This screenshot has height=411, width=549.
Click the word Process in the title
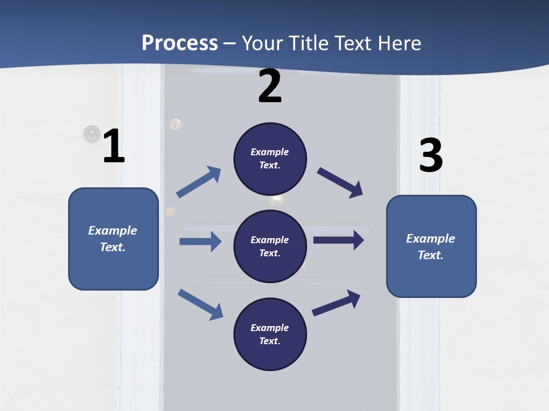click(180, 43)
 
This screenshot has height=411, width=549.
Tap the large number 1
click(114, 146)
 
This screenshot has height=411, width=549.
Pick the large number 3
click(431, 156)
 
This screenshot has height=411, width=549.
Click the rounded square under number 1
click(113, 239)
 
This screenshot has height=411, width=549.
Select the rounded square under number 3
click(431, 247)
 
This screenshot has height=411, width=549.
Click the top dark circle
click(270, 159)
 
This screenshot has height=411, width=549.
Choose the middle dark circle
click(270, 246)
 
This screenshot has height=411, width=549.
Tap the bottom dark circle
click(270, 334)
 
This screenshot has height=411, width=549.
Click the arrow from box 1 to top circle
click(199, 182)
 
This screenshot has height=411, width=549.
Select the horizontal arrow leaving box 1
click(200, 241)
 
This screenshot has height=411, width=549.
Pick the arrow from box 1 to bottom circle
click(200, 304)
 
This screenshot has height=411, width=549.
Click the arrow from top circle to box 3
click(340, 182)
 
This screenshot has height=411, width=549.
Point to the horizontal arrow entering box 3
click(339, 240)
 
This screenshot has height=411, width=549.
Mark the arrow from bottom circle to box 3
click(336, 303)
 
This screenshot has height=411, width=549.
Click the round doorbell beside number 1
click(91, 134)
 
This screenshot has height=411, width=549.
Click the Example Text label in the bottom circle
click(270, 335)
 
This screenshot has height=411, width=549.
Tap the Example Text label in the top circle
click(270, 159)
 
